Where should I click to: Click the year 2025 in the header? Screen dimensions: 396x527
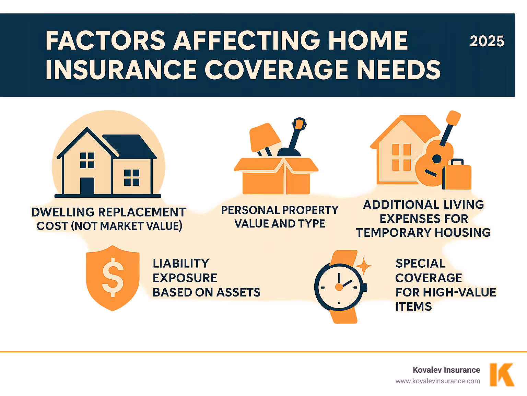(487, 42)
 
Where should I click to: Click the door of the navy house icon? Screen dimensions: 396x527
(87, 186)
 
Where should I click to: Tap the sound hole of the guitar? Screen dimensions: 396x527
(436, 159)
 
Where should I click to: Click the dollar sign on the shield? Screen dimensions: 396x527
(113, 277)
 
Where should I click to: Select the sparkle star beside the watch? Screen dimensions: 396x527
(363, 266)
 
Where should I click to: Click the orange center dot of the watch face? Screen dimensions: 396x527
(339, 287)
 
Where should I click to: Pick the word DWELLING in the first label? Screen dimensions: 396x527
(63, 212)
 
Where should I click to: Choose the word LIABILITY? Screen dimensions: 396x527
(181, 264)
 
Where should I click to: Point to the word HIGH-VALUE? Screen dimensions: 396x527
(459, 292)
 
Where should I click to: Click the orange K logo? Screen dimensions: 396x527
(502, 375)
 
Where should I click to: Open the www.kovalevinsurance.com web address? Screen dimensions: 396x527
(438, 381)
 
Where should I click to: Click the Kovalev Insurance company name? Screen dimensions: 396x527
(446, 370)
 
